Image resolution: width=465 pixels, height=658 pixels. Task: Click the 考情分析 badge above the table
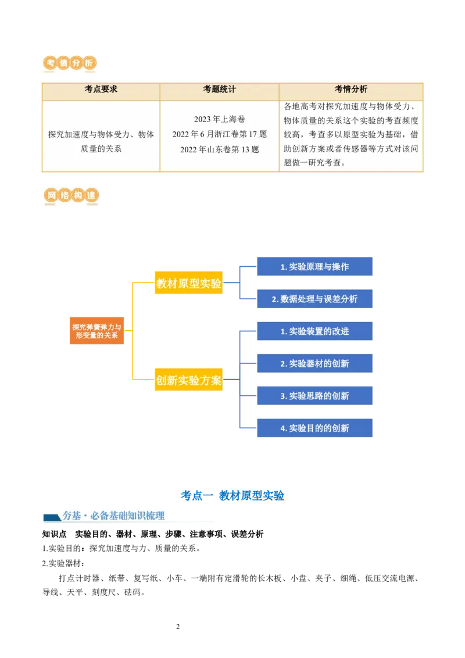tap(70, 63)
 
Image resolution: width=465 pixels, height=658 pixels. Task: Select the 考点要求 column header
tap(101, 90)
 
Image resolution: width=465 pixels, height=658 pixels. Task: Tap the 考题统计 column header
tap(219, 90)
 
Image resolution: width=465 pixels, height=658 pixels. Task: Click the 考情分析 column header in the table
tap(350, 90)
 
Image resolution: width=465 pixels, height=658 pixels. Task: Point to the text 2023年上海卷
tap(219, 119)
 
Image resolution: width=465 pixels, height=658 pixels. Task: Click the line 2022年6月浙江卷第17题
tap(219, 134)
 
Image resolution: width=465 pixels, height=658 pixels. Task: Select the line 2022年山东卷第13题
tap(219, 149)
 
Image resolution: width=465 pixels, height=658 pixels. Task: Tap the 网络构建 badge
tap(70, 197)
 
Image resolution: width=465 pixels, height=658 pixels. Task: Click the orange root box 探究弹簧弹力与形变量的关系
tap(97, 331)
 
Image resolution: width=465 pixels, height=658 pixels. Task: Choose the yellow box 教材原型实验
tap(189, 284)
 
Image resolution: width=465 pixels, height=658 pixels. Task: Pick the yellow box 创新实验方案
tap(189, 381)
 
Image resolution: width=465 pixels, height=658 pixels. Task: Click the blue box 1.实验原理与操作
tap(314, 267)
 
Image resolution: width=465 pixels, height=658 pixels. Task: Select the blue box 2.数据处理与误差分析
tap(314, 299)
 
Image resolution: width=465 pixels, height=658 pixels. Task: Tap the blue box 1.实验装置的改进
tap(314, 331)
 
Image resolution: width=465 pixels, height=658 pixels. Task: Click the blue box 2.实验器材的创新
tap(314, 364)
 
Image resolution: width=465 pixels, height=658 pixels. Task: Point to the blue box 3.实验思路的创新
tap(314, 396)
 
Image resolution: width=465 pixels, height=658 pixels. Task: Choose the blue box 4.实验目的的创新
tap(314, 428)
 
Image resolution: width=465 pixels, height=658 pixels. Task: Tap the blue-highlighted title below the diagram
tap(233, 495)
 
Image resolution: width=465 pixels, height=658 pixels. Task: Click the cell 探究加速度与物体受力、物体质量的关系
tap(101, 141)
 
